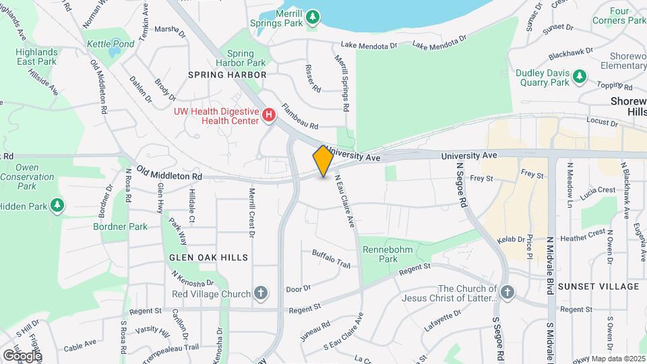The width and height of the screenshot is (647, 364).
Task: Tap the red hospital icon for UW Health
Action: tap(269, 115)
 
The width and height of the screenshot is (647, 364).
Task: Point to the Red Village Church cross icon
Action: tap(261, 293)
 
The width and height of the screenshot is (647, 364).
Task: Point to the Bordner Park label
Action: tap(121, 226)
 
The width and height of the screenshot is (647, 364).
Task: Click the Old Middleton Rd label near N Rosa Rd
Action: tap(169, 173)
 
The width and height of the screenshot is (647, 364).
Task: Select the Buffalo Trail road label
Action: tap(331, 260)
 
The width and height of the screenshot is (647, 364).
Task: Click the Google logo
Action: tap(22, 355)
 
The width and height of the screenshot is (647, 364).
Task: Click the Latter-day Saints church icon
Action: tap(507, 293)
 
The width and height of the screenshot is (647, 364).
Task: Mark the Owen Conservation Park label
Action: tap(27, 177)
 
